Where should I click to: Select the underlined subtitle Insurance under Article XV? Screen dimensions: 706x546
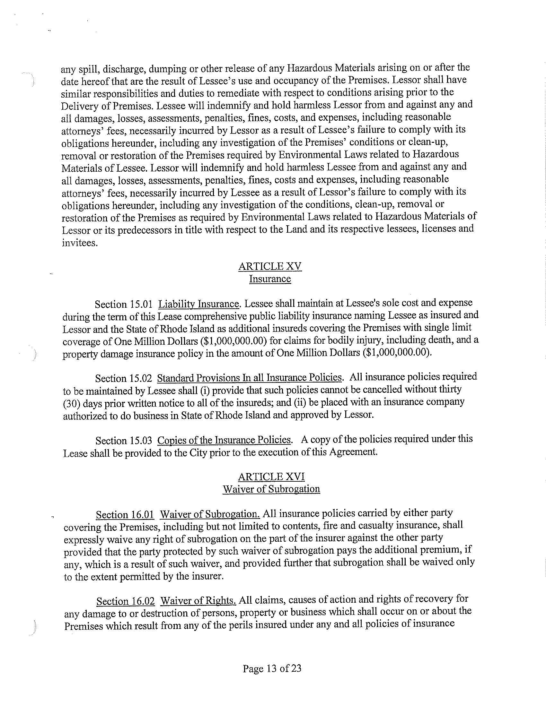coord(270,279)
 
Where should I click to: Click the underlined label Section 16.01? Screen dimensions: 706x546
coord(125,514)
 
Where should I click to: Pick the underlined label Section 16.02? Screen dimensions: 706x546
coord(126,601)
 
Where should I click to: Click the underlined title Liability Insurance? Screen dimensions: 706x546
coord(198,304)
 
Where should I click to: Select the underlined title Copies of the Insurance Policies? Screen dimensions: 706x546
coord(224,440)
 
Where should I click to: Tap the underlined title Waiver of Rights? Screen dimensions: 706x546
coord(198,601)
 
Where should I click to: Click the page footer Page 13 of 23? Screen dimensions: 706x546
coord(272,668)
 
